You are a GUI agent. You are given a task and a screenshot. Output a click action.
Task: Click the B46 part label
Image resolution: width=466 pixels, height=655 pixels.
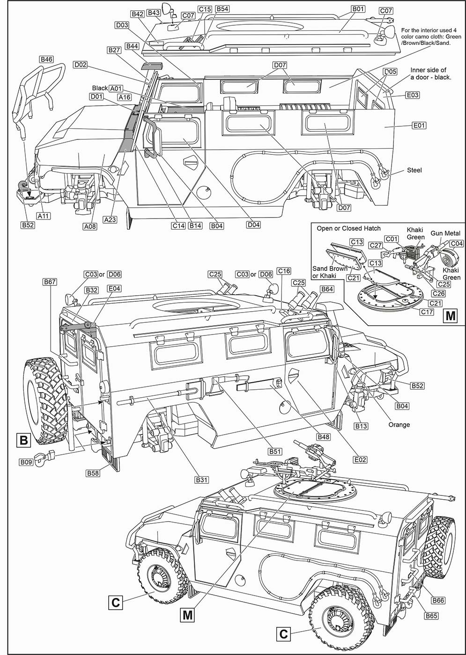point(46,59)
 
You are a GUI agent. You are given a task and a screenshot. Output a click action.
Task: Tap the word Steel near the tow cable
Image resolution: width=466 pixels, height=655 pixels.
point(414,170)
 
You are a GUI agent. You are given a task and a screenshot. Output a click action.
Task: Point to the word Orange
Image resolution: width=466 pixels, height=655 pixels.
point(399,425)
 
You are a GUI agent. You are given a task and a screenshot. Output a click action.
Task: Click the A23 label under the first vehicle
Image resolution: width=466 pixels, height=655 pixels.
point(110,219)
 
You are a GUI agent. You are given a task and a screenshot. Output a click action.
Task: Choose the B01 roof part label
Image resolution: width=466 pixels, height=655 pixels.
point(358,9)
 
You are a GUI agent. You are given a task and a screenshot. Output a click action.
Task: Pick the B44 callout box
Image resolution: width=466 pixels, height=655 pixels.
point(132,46)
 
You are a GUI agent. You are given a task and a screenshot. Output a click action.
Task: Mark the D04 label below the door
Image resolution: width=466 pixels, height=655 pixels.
point(253,225)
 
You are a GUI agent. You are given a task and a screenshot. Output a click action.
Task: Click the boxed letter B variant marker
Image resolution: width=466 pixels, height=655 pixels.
point(24,440)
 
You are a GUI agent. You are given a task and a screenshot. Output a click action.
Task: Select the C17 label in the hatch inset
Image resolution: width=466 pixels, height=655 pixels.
point(427,312)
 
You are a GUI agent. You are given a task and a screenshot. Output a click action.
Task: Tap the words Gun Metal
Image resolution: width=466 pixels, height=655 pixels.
point(445,233)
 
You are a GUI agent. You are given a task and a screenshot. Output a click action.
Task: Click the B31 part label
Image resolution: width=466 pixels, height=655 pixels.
point(202,480)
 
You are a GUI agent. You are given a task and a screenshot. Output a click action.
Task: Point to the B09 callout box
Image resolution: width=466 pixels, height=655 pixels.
point(26,462)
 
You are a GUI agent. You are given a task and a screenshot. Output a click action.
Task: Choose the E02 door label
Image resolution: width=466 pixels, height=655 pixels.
point(360,460)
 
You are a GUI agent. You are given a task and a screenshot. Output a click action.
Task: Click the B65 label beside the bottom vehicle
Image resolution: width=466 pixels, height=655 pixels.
point(431,616)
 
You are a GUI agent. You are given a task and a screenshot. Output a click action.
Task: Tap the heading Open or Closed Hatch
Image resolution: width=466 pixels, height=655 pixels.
point(348,228)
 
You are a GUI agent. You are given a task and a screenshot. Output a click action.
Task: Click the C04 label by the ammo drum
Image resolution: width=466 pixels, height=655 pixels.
point(457,243)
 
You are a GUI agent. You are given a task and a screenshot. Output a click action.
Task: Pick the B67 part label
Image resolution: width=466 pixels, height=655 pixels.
point(50,282)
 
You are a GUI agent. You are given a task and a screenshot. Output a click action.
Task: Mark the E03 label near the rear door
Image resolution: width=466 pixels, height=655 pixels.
point(413,95)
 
